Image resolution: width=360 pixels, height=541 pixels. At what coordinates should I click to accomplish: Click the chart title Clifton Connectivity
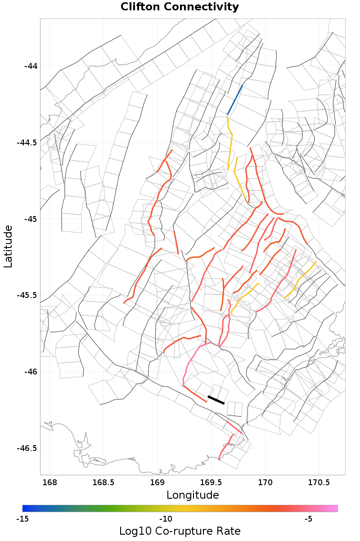click(180, 7)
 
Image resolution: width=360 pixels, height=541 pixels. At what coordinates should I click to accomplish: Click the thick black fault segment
click(216, 400)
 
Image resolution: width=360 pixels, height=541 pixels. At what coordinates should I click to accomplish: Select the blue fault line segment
click(235, 99)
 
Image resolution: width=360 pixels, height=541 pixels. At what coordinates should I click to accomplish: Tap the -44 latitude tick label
click(31, 66)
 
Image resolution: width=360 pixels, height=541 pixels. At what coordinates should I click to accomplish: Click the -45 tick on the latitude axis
click(31, 219)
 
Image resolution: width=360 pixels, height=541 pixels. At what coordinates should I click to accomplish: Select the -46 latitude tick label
click(31, 372)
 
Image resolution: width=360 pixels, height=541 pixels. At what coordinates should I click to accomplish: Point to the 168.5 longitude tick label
click(103, 483)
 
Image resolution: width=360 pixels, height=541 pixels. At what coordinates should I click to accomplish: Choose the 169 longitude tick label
click(157, 483)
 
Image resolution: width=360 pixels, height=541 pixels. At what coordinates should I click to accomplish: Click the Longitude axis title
click(193, 495)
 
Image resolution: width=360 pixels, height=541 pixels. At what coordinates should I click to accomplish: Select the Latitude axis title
click(8, 247)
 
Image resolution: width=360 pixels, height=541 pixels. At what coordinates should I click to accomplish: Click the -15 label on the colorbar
click(22, 519)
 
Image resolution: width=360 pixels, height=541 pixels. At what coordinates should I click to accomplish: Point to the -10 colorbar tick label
click(166, 519)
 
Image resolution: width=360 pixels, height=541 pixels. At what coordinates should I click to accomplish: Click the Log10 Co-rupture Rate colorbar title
click(180, 531)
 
